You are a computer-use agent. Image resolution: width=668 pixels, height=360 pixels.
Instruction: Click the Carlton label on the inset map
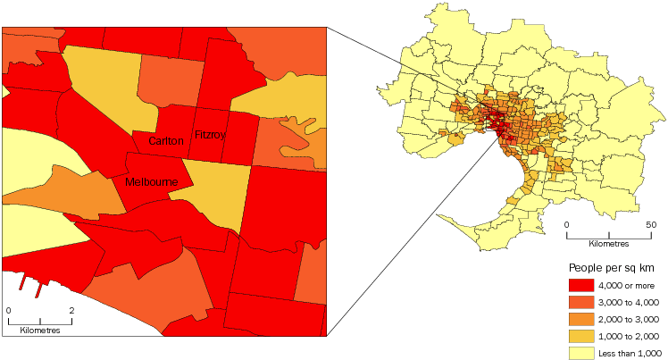click(167, 141)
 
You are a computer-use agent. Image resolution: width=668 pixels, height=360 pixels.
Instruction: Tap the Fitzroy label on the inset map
click(211, 135)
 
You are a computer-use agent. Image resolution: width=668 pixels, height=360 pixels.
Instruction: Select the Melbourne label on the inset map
click(152, 182)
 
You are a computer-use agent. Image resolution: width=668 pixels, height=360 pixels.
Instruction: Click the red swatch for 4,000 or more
click(581, 285)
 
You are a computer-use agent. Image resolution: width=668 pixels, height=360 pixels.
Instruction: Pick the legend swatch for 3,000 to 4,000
click(581, 302)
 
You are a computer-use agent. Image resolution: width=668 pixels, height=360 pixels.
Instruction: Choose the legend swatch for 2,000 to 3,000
click(581, 319)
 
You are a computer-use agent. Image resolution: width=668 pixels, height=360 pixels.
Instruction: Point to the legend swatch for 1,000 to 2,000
click(581, 336)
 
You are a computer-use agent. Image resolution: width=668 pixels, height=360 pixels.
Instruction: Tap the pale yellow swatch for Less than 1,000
click(581, 352)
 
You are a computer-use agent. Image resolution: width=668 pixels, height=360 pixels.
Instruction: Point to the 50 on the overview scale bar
click(650, 224)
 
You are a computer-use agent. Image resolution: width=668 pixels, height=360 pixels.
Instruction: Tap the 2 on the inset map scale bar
click(71, 311)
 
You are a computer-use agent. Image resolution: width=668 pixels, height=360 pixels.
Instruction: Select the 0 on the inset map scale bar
click(8, 311)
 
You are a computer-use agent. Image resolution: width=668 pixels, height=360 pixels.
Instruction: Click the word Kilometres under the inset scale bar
click(39, 331)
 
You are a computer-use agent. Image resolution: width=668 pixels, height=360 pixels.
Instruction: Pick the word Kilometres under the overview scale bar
click(608, 244)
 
